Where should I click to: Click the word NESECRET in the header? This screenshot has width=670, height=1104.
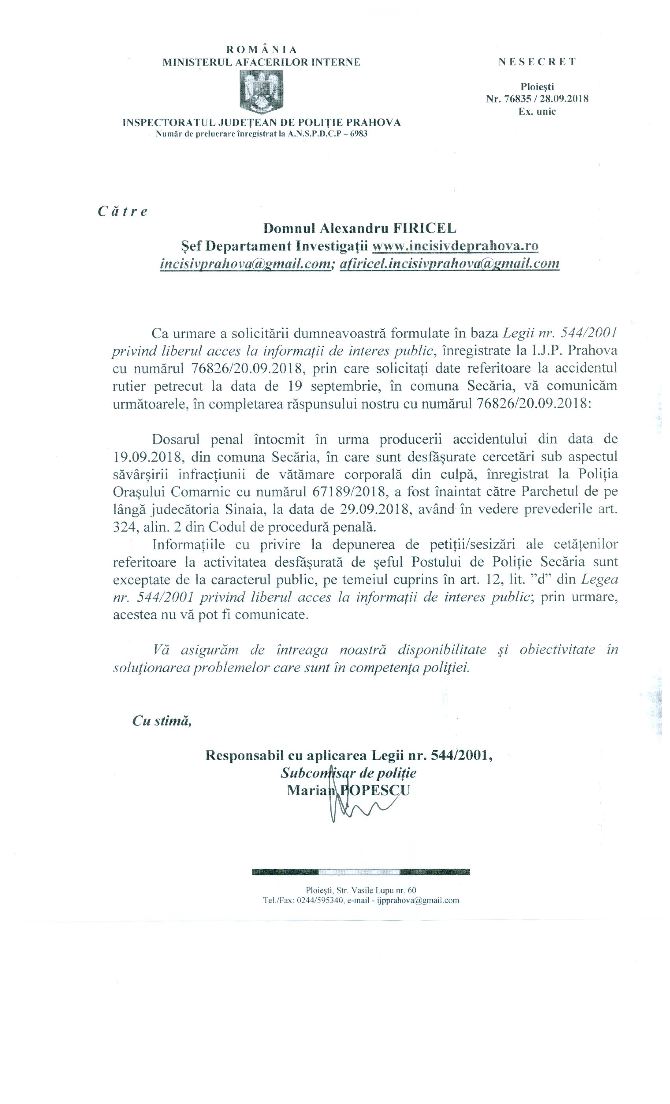coord(537,62)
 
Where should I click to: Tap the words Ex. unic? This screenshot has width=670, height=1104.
coord(537,112)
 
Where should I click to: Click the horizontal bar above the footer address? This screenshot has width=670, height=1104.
coord(361,872)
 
